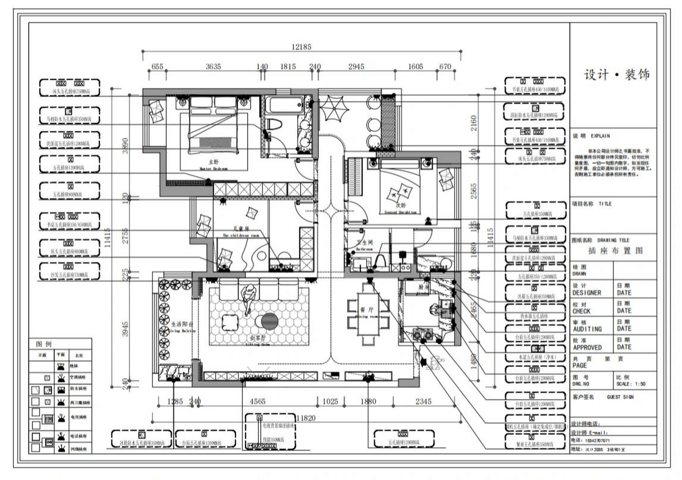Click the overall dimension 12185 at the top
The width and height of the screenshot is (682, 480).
[x=301, y=47]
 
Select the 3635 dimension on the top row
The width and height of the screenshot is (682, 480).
[x=213, y=66]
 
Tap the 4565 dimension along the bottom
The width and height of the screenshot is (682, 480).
[x=258, y=401]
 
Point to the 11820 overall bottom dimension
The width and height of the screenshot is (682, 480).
[x=306, y=418]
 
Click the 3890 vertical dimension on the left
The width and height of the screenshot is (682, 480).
[x=125, y=145]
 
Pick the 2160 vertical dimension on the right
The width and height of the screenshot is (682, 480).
[x=474, y=123]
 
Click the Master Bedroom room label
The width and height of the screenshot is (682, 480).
[x=213, y=165]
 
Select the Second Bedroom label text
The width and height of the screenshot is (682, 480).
[x=400, y=209]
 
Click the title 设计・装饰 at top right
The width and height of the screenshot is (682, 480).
[x=616, y=75]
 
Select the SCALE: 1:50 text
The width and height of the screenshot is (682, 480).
[x=631, y=384]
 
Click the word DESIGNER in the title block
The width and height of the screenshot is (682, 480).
[x=586, y=292]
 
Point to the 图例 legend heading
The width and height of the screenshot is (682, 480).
[x=44, y=344]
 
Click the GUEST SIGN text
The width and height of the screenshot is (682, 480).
[x=620, y=397]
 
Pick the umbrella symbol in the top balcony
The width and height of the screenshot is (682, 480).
[x=334, y=108]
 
